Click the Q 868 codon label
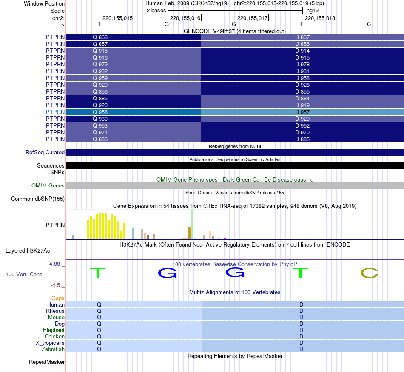pyautogui.click(x=100, y=37)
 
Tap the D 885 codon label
pyautogui.click(x=302, y=139)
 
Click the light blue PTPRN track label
pyautogui.click(x=55, y=112)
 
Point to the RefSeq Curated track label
pyautogui.click(x=45, y=153)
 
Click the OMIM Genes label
pyautogui.click(x=48, y=186)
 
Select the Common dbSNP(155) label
pyautogui.click(x=38, y=199)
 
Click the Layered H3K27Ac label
pyautogui.click(x=35, y=251)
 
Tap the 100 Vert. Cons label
pyautogui.click(x=24, y=275)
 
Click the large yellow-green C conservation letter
pyautogui.click(x=369, y=273)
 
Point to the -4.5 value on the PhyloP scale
pyautogui.click(x=57, y=285)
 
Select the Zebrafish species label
pyautogui.click(x=53, y=349)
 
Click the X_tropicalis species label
pyautogui.click(x=50, y=343)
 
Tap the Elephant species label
pyautogui.click(x=54, y=330)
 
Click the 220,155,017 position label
pyautogui.click(x=252, y=18)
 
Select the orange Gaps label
pyautogui.click(x=58, y=298)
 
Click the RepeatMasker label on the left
pyautogui.click(x=47, y=362)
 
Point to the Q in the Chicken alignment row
pyautogui.click(x=99, y=337)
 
